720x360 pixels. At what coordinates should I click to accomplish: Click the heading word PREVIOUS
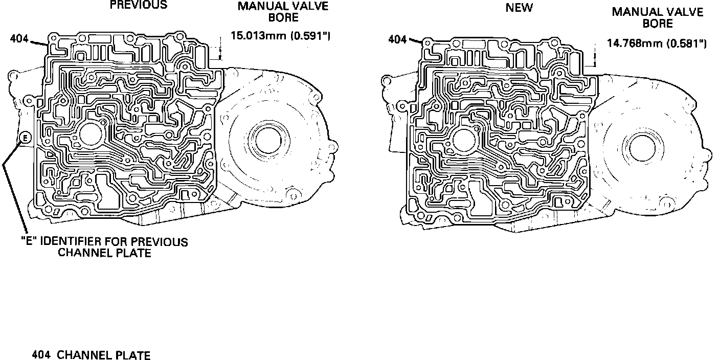click(x=138, y=5)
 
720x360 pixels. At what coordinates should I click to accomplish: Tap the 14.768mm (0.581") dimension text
click(x=657, y=43)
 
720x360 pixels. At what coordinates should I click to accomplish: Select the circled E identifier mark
click(x=24, y=138)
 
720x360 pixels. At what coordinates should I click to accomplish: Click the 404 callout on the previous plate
click(x=19, y=38)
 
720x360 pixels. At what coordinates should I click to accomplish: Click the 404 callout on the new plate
click(x=397, y=38)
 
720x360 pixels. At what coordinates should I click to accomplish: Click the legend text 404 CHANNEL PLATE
click(x=91, y=355)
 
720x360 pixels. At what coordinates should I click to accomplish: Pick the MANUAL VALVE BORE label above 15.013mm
click(x=283, y=12)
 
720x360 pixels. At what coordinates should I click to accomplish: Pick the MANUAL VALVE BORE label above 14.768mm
click(x=658, y=17)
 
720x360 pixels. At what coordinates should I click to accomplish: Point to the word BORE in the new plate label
click(x=658, y=24)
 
